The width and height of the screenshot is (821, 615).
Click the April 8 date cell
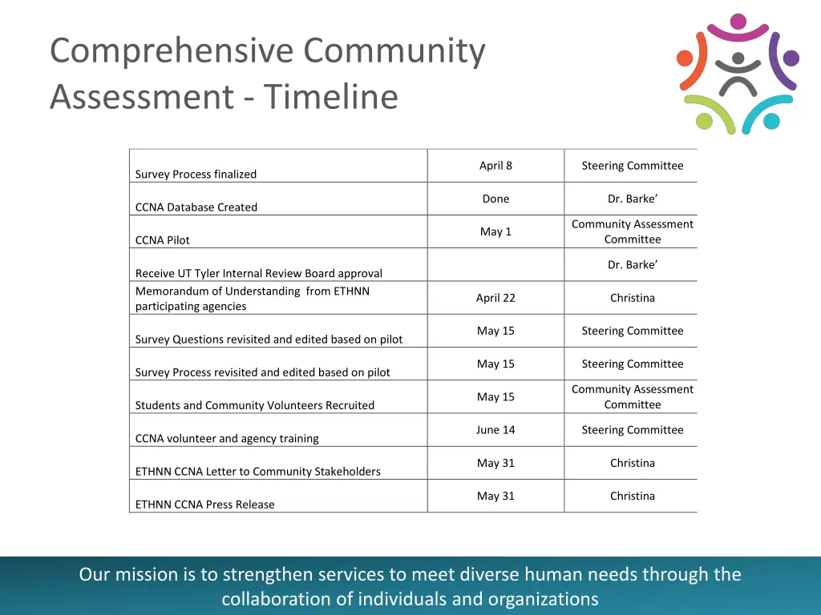coord(495,166)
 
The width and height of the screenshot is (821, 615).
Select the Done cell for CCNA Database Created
coord(495,199)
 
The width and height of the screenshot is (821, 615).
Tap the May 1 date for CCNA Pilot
coord(495,231)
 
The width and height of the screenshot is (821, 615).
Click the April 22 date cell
coord(495,298)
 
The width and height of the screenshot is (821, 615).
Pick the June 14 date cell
coord(495,430)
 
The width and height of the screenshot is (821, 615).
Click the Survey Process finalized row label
coord(196,174)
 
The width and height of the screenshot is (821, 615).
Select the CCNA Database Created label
coord(196,207)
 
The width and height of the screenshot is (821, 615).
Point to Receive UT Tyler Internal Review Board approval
coord(258,273)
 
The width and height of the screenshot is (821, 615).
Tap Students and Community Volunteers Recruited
coord(254,405)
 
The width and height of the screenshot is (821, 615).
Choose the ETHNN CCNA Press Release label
coord(204,504)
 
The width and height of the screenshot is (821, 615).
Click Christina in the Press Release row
coord(632,496)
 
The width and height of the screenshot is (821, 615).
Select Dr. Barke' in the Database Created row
coord(632,199)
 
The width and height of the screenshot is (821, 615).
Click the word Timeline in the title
coord(330,97)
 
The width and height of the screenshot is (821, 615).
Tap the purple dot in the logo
coord(790,58)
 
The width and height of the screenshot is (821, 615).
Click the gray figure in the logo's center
coord(738,74)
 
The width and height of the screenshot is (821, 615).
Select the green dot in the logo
coord(704,122)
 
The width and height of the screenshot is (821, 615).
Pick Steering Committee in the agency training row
coord(632,430)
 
